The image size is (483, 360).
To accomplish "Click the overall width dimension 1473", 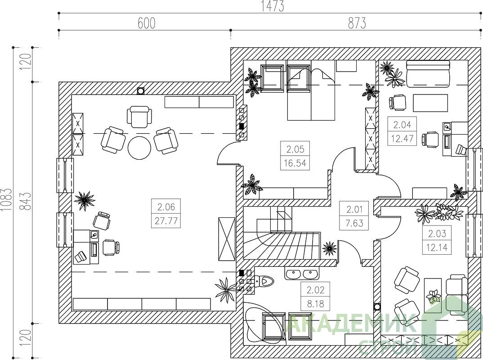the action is (x=272, y=6).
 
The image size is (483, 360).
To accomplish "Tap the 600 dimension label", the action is (x=146, y=23).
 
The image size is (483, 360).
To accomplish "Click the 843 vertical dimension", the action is (x=26, y=201).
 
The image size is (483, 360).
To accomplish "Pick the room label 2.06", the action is (x=166, y=207).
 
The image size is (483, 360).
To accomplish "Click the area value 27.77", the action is (x=166, y=221).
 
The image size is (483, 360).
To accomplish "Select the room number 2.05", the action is (x=295, y=149).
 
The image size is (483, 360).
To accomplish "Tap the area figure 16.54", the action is (x=295, y=163).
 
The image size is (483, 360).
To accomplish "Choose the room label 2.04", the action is (x=402, y=125).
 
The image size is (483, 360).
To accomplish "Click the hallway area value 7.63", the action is (x=354, y=223).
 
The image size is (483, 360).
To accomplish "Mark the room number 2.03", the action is (x=437, y=233).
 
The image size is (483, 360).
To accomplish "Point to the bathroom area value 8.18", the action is (x=315, y=304).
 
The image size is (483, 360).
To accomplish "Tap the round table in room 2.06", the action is (x=139, y=148).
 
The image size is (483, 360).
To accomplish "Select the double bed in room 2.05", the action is (x=311, y=90).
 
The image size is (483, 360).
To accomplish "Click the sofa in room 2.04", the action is (x=428, y=73).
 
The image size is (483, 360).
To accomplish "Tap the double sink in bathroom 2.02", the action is (x=302, y=274).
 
